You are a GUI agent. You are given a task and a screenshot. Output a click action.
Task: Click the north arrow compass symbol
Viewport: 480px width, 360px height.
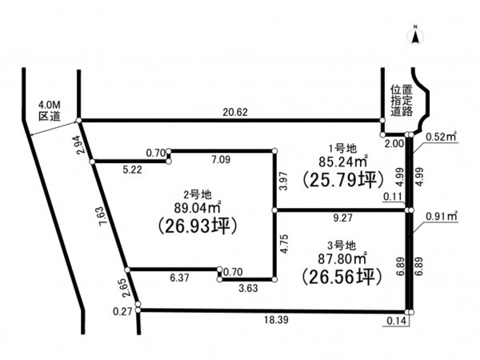(x=415, y=35)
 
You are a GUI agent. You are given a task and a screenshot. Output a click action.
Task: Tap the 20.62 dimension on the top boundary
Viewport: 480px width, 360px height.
(x=235, y=112)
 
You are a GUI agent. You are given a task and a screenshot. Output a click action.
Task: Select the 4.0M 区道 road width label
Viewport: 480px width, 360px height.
(x=50, y=111)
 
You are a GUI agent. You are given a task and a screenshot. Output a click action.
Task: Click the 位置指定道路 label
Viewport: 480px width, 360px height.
(x=402, y=101)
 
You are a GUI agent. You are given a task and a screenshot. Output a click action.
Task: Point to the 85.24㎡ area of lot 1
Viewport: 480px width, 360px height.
(x=343, y=162)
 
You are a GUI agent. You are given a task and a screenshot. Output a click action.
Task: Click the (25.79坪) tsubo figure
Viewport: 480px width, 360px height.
(x=343, y=180)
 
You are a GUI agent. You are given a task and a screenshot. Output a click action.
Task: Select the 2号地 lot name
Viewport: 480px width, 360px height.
(x=198, y=194)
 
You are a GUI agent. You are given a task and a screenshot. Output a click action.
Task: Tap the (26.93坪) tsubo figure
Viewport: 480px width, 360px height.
(x=198, y=226)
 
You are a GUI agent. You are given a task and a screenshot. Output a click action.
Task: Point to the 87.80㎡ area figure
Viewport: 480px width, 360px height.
(x=342, y=259)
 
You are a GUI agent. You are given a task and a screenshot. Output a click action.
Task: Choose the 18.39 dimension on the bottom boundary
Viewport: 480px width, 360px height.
(x=277, y=320)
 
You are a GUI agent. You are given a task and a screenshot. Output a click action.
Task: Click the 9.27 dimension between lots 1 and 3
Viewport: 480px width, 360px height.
(x=343, y=218)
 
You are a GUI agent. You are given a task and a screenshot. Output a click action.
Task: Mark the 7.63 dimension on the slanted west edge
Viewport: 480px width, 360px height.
(x=104, y=216)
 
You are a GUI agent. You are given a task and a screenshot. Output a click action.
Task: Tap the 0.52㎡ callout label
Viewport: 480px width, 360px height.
(x=441, y=137)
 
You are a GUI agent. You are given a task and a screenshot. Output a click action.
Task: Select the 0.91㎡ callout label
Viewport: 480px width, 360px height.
(x=442, y=216)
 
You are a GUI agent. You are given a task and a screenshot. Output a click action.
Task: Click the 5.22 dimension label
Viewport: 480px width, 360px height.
(x=132, y=170)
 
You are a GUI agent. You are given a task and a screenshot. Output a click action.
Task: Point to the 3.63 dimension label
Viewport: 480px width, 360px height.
(x=248, y=288)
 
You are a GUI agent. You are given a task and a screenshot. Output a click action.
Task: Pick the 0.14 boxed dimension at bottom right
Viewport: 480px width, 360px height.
(x=397, y=321)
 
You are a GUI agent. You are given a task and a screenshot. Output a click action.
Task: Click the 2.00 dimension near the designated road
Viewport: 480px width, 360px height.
(x=394, y=143)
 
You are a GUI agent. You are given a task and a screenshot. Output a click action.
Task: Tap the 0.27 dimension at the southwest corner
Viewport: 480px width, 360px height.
(x=122, y=312)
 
